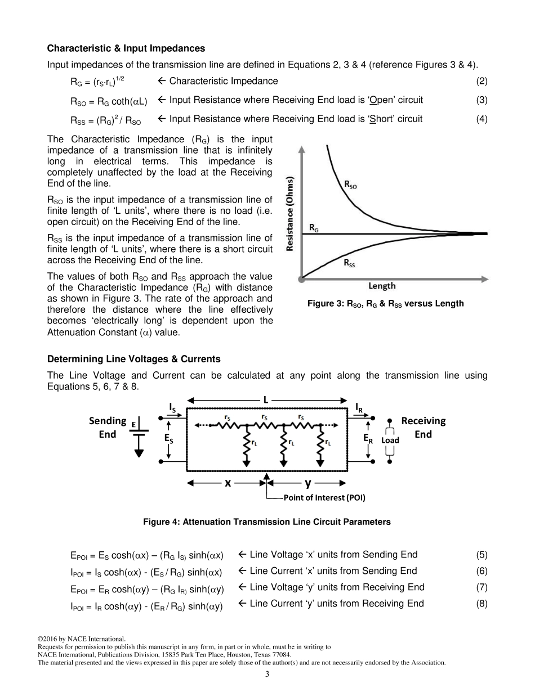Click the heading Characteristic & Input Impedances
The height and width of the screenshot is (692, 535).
coord(126,48)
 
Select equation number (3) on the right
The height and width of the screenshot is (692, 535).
coord(481,100)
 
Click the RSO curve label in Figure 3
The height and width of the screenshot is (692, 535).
coord(350,185)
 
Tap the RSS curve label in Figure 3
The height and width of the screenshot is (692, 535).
coord(350,264)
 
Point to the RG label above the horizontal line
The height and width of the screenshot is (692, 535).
coord(315,227)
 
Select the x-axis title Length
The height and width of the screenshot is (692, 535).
coord(382,286)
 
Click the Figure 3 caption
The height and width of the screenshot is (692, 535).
coord(385,304)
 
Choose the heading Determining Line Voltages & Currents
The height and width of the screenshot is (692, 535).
coord(134,359)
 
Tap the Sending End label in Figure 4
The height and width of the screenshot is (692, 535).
coord(108,427)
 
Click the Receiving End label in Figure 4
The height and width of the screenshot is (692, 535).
coord(423,427)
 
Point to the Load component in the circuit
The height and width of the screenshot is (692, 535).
coord(390,441)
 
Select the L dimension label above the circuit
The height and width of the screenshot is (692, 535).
coord(266,399)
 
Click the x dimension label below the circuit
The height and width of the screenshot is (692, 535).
coord(228,483)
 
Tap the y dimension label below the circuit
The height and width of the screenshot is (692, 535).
coord(307,483)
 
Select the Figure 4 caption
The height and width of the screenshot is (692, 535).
coord(267,522)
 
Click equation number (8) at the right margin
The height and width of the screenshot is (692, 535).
coord(481,604)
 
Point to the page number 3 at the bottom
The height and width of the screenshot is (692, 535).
coord(267,675)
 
